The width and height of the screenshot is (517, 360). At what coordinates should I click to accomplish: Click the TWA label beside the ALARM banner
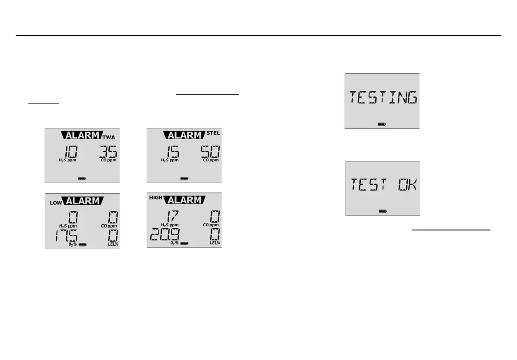[109, 137]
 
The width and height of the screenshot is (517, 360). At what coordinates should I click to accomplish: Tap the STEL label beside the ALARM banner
[213, 133]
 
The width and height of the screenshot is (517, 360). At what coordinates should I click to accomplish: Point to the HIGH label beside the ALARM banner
[155, 198]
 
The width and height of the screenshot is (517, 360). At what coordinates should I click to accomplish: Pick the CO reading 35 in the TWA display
[108, 152]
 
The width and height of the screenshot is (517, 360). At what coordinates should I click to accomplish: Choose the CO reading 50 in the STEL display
[210, 152]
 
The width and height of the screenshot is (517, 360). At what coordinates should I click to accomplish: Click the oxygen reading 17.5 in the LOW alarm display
[66, 237]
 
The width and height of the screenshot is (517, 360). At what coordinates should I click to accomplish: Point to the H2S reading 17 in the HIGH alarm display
[169, 216]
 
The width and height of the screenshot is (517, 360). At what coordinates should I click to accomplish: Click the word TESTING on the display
[382, 98]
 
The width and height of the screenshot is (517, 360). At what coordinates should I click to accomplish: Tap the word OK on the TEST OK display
[407, 186]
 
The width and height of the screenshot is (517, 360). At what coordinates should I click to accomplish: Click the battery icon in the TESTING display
[382, 124]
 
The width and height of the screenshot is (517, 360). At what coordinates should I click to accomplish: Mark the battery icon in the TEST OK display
[383, 211]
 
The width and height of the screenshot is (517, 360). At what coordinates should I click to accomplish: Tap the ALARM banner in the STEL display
[185, 135]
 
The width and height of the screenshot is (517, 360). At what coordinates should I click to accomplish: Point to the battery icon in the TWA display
[82, 178]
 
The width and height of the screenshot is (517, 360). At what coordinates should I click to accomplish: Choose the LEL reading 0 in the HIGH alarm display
[215, 236]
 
